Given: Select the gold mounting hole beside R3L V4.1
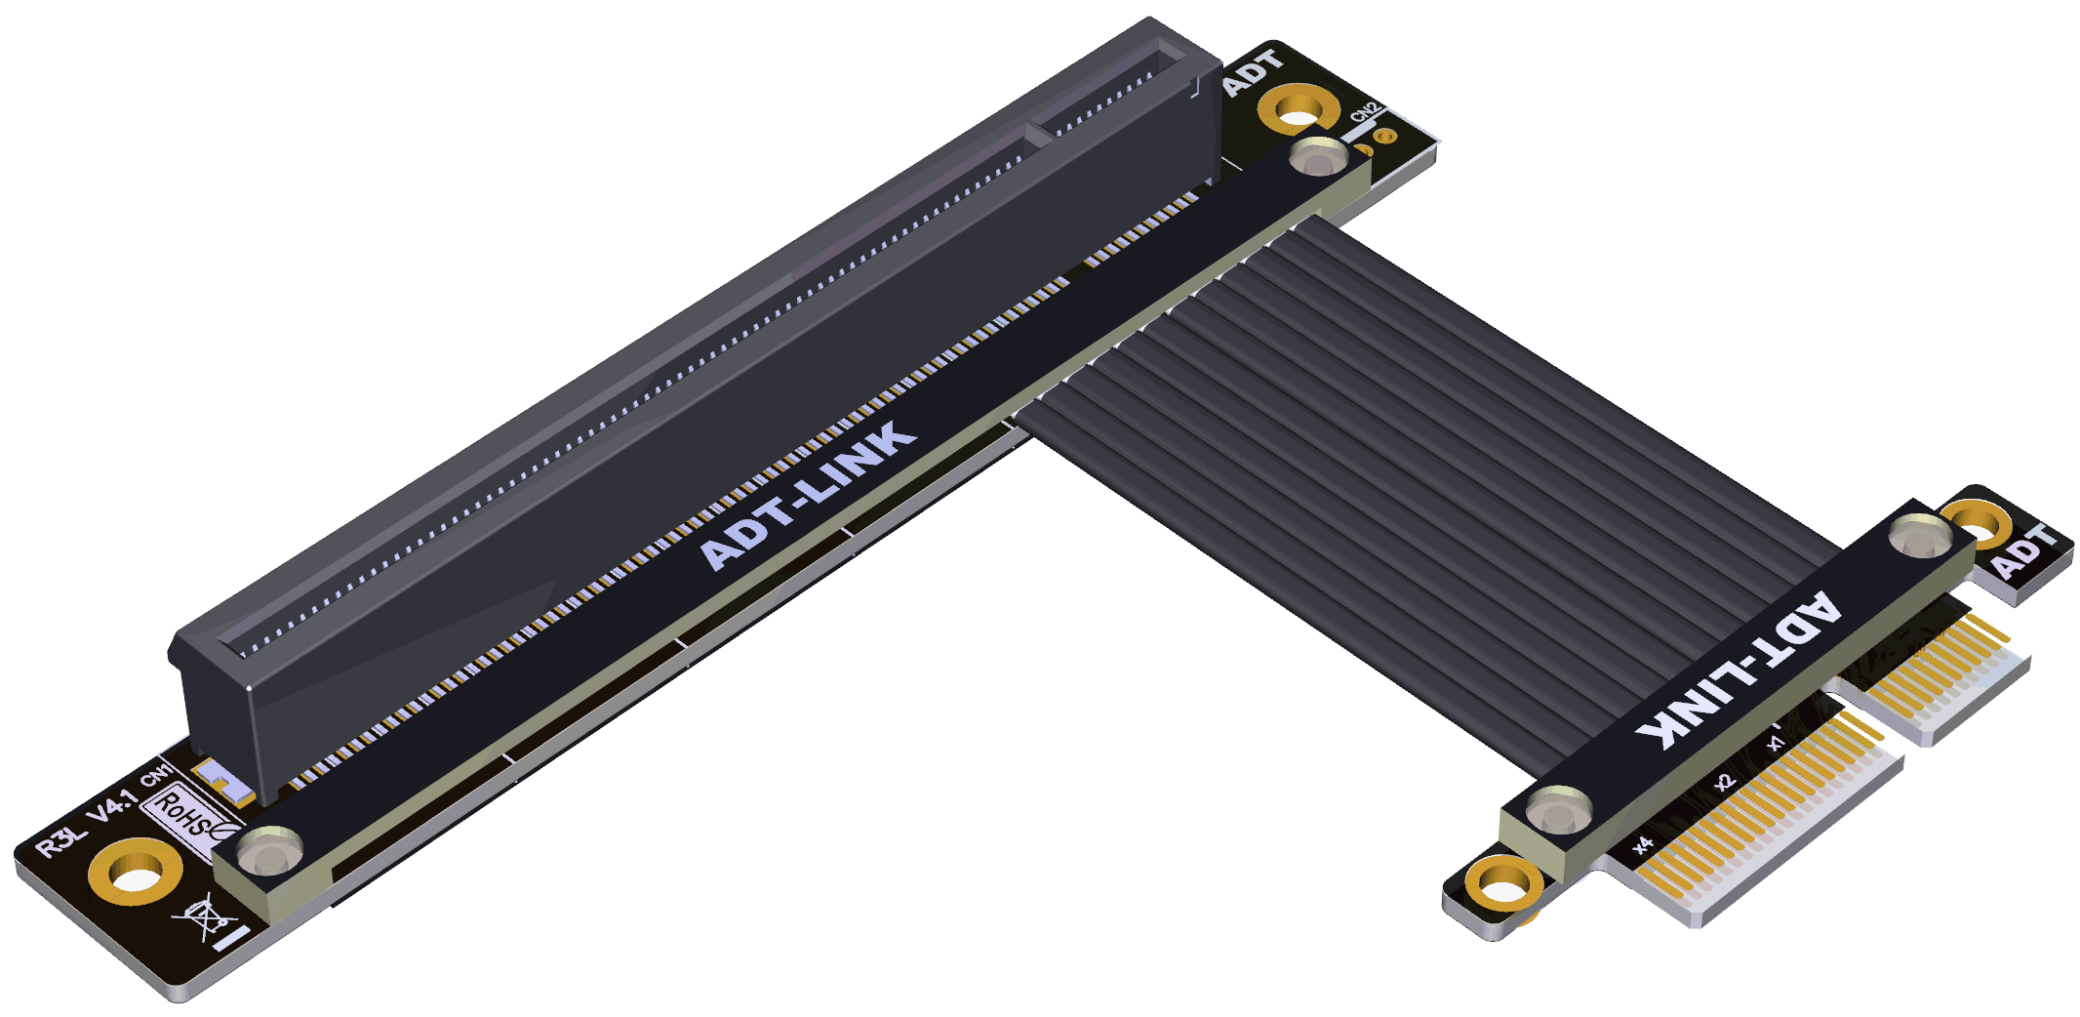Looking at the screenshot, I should (135, 872).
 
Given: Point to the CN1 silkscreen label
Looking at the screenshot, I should (157, 776).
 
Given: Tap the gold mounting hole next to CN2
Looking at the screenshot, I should (1298, 109).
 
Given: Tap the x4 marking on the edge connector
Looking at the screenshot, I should (1643, 844).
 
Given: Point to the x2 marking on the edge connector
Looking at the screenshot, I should (1725, 782).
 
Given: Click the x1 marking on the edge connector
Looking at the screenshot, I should (1776, 744).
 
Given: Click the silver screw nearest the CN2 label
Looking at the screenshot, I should (1318, 155).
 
